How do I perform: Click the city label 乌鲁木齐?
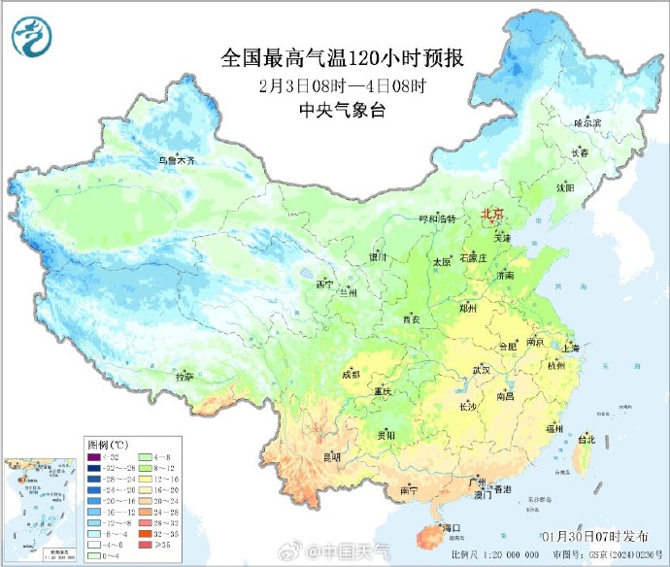pyautogui.click(x=178, y=160)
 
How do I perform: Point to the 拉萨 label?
pyautogui.click(x=184, y=376)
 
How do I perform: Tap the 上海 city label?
pyautogui.click(x=570, y=348)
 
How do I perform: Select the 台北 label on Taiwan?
pyautogui.click(x=586, y=439)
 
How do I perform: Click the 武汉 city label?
pyautogui.click(x=482, y=371)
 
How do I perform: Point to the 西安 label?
pyautogui.click(x=411, y=318)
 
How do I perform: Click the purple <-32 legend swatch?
pyautogui.click(x=93, y=456)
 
